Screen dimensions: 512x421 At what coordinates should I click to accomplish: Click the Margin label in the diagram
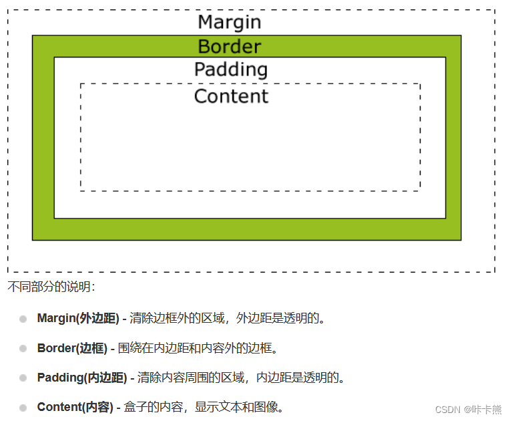[x=230, y=23]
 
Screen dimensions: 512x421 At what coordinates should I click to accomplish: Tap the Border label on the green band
[x=230, y=46]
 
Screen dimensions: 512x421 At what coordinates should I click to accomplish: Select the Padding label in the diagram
[x=231, y=69]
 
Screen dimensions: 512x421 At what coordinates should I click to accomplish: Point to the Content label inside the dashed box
[x=231, y=96]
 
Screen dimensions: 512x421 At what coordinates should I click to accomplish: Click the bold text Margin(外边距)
[x=78, y=318]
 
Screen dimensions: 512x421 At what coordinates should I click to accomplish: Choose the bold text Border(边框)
[x=72, y=348]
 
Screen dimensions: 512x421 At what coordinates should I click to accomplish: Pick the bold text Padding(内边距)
[x=82, y=378]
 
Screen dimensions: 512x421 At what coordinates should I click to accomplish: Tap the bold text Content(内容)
[x=75, y=407]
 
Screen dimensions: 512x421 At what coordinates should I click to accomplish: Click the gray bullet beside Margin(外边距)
[x=23, y=319]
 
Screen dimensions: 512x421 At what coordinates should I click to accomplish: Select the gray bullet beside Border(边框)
[x=23, y=348]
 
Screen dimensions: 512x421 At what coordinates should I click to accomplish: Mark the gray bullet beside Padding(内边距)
[x=23, y=378]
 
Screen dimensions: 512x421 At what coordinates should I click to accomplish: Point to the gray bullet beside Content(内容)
[x=23, y=408]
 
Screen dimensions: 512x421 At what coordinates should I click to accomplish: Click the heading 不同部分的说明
[x=49, y=287]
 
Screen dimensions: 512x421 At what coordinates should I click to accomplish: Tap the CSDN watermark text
[x=468, y=409]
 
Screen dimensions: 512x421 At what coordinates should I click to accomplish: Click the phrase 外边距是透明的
[x=277, y=318]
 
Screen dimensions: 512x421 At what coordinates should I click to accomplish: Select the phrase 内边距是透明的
[x=297, y=378]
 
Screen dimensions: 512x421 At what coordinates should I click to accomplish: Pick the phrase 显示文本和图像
[x=236, y=407]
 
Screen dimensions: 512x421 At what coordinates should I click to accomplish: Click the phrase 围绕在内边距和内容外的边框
[x=195, y=348]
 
